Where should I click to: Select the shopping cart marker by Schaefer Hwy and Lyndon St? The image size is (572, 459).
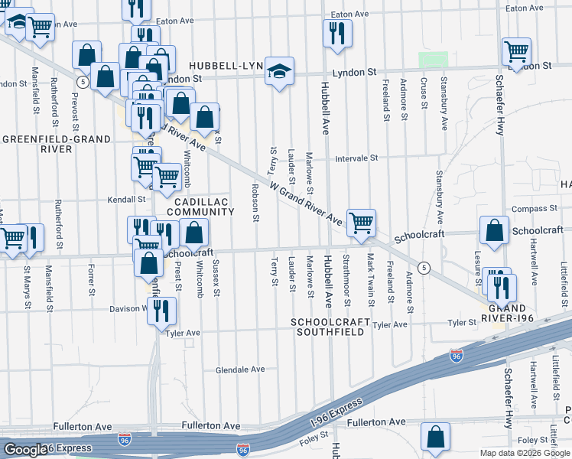pyautogui.click(x=517, y=53)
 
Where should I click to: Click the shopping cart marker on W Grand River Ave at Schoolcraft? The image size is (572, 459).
pyautogui.click(x=361, y=223)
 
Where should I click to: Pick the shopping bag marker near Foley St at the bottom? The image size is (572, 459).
pyautogui.click(x=435, y=437)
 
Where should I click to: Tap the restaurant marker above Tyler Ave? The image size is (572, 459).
pyautogui.click(x=161, y=311)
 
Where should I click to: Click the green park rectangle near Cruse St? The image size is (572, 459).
pyautogui.click(x=433, y=60)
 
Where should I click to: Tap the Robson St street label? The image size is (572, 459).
pyautogui.click(x=255, y=202)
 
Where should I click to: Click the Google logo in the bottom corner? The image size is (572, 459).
pyautogui.click(x=24, y=450)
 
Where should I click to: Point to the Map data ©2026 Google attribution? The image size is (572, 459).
pyautogui.click(x=525, y=453)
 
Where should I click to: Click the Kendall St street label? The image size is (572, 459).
pyautogui.click(x=126, y=199)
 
